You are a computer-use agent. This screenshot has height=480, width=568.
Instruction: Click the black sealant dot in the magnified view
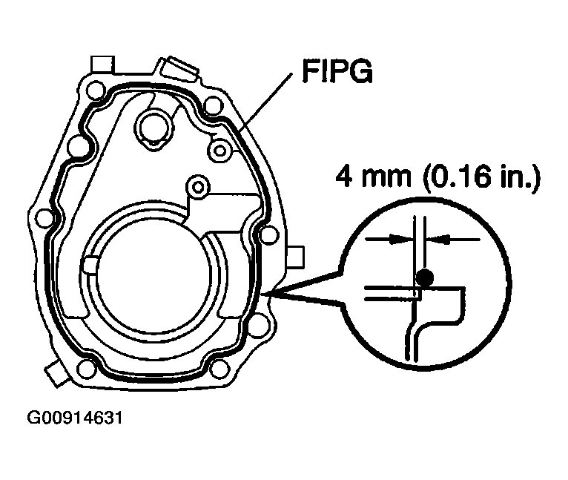click(x=424, y=278)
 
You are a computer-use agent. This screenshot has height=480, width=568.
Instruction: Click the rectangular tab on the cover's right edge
click(x=296, y=256)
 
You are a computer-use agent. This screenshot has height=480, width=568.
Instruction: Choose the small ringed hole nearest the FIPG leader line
click(x=219, y=151)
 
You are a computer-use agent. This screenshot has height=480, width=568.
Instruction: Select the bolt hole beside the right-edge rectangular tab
click(x=268, y=235)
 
